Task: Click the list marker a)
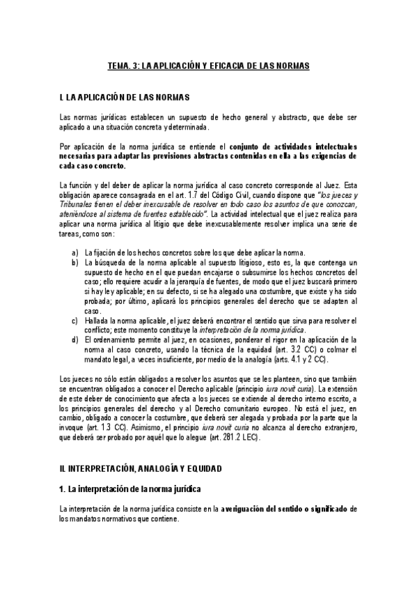[74, 252]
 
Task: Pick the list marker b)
[74, 262]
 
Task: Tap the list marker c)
[74, 320]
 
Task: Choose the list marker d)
[74, 339]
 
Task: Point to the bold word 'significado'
[326, 509]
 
